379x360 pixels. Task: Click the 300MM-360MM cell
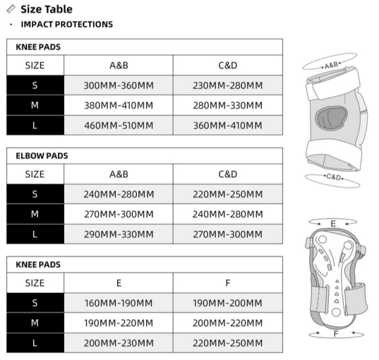pyautogui.click(x=118, y=85)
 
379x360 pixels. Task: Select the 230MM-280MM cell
pyautogui.click(x=227, y=85)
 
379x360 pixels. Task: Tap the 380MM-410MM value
pyautogui.click(x=118, y=106)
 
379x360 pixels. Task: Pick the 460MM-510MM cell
pyautogui.click(x=118, y=126)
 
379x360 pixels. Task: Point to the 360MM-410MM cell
pyautogui.click(x=227, y=126)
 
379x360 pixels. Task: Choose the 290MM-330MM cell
pyautogui.click(x=118, y=234)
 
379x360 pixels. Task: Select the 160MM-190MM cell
pyautogui.click(x=118, y=303)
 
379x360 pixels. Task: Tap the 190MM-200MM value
pyautogui.click(x=227, y=303)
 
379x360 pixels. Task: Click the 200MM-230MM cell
pyautogui.click(x=118, y=343)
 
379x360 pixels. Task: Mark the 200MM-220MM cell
pyautogui.click(x=227, y=323)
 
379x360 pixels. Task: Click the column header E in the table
pyautogui.click(x=118, y=283)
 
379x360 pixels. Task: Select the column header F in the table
pyautogui.click(x=227, y=283)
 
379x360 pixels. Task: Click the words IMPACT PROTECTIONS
pyautogui.click(x=66, y=25)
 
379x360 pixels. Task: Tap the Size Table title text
pyautogui.click(x=47, y=9)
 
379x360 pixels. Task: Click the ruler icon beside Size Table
pyautogui.click(x=10, y=9)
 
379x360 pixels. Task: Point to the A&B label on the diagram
pyautogui.click(x=331, y=64)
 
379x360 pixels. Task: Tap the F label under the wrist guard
pyautogui.click(x=335, y=332)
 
